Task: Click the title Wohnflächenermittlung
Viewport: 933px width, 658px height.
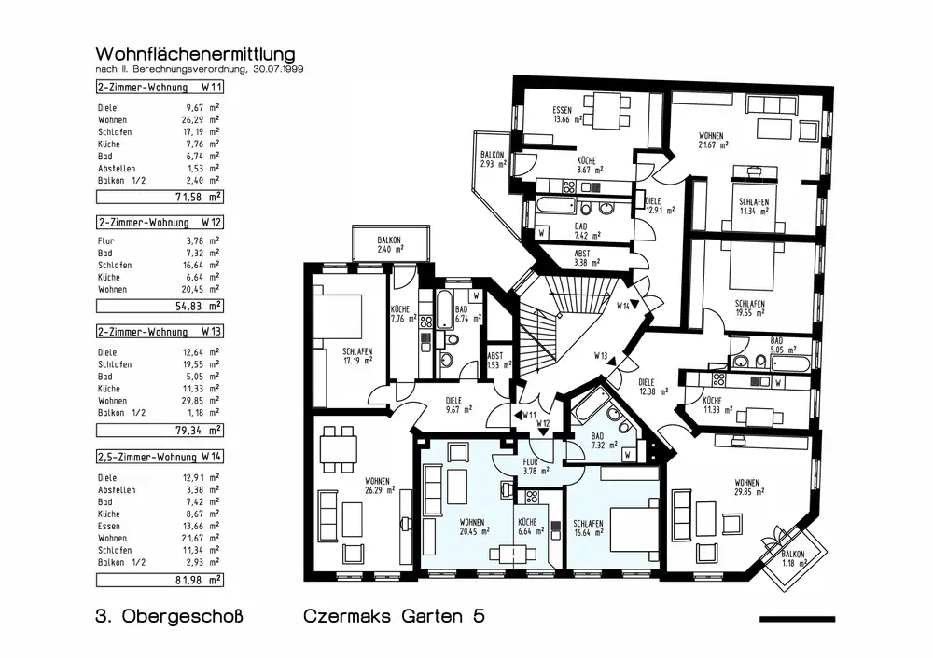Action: (195, 53)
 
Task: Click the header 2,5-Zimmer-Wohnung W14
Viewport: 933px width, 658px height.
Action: (160, 458)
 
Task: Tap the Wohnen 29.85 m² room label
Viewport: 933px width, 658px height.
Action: (746, 487)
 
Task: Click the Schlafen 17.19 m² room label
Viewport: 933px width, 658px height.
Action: (357, 356)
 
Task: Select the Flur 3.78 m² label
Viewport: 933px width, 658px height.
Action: (530, 466)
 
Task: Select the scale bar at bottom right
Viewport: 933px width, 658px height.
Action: (797, 619)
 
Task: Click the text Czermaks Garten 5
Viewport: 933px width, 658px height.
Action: (394, 617)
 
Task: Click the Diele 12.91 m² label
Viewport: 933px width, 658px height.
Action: (653, 206)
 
